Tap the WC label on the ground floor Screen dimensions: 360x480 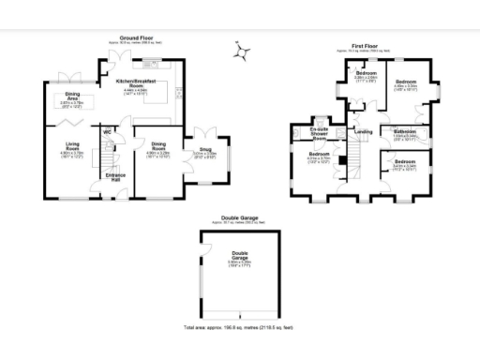click(x=107, y=132)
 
